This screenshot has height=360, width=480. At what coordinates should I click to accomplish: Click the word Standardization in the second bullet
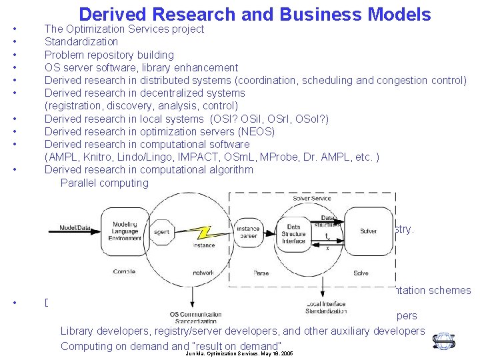point(81,42)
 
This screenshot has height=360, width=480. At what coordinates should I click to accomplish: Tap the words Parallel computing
point(104,183)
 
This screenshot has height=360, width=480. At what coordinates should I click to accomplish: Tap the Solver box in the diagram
point(368,231)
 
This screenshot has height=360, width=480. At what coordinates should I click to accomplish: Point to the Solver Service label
point(311,199)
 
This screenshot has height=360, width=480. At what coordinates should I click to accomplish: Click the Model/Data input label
point(75,227)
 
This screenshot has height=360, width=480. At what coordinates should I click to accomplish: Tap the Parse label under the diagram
point(261,273)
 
